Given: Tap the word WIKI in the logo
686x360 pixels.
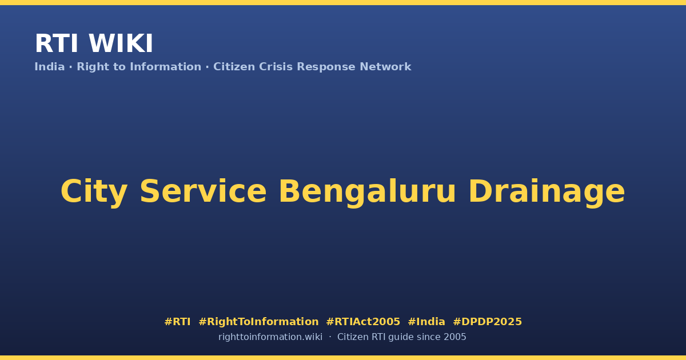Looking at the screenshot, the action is coord(121,43).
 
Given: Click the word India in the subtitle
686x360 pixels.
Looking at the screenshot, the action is coord(50,67).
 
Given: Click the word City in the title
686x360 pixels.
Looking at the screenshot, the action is coord(94,191).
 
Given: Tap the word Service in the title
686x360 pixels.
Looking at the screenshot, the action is coord(203,191).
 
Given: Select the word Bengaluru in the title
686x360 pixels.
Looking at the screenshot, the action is coord(367,192).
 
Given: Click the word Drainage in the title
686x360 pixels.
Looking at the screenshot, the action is coord(547,192).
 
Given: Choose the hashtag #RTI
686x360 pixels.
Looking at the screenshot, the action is coord(177,322).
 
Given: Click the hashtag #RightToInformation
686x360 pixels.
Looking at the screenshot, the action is coord(258,322).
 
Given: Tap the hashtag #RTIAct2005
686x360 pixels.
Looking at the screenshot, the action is coord(363,322).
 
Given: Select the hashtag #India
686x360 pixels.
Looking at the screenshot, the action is coord(426,322).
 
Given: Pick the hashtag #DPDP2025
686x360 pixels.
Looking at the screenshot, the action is coord(487,322).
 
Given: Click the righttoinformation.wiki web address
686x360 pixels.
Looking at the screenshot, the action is coord(270,337).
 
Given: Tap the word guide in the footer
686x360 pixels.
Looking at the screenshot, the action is coord(401,337).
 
